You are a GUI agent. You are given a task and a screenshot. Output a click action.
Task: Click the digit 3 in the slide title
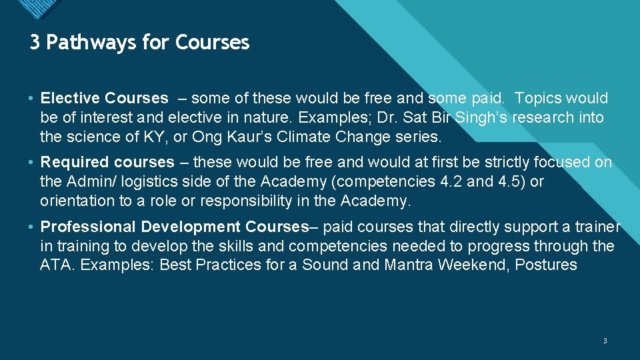pyautogui.click(x=35, y=43)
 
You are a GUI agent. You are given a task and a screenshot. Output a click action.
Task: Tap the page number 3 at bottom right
pyautogui.click(x=605, y=341)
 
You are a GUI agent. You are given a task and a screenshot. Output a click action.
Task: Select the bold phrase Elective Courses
pyautogui.click(x=105, y=99)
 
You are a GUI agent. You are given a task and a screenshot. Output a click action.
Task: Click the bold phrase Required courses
pyautogui.click(x=107, y=163)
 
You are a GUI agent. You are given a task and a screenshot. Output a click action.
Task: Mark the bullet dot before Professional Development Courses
pyautogui.click(x=33, y=227)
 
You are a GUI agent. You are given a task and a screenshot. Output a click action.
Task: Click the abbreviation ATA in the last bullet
pyautogui.click(x=54, y=265)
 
